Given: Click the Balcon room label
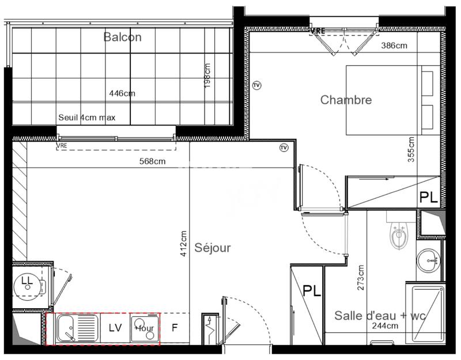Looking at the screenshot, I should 122,37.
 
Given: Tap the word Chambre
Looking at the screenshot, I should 346,100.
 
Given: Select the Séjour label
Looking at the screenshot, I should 212,248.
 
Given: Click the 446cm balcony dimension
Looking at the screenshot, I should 122,93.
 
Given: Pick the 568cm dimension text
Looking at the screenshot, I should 152,161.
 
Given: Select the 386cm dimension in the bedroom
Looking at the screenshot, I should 398,46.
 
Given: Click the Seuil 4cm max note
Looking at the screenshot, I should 87,118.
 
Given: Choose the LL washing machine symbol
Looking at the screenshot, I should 27,281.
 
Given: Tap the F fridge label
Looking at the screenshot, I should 174,328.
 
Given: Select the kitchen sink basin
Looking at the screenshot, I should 66,329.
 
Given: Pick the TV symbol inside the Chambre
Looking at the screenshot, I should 257,86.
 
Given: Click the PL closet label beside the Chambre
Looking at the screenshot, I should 428,198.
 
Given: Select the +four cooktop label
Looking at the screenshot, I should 144,328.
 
